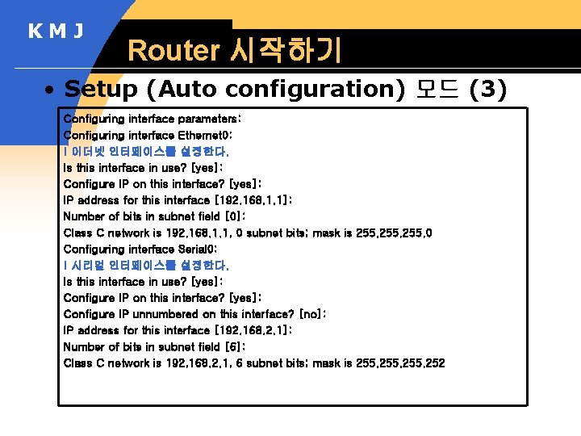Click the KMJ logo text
(x=56, y=31)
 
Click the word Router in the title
(x=173, y=51)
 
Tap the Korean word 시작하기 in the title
(x=286, y=51)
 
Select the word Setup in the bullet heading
(x=102, y=89)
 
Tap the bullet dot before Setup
(x=50, y=90)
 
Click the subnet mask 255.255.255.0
(x=395, y=233)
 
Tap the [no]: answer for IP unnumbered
(x=312, y=314)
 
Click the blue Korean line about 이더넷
(x=146, y=151)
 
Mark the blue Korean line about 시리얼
(x=146, y=265)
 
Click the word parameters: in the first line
(x=209, y=119)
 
